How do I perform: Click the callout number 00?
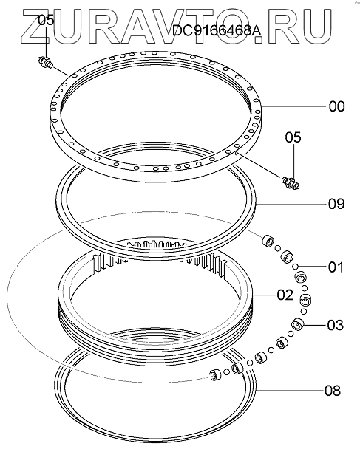pyautogui.click(x=336, y=106)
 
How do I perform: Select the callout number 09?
pyautogui.click(x=336, y=204)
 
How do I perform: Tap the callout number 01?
pyautogui.click(x=336, y=267)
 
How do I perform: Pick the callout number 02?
pyautogui.click(x=285, y=295)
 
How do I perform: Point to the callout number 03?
pyautogui.click(x=335, y=325)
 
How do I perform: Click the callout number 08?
pyautogui.click(x=333, y=391)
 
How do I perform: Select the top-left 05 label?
pyautogui.click(x=46, y=21)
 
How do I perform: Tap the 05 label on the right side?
pyautogui.click(x=293, y=137)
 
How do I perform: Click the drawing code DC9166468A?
pyautogui.click(x=217, y=30)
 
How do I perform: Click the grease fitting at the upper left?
pyautogui.click(x=45, y=62)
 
